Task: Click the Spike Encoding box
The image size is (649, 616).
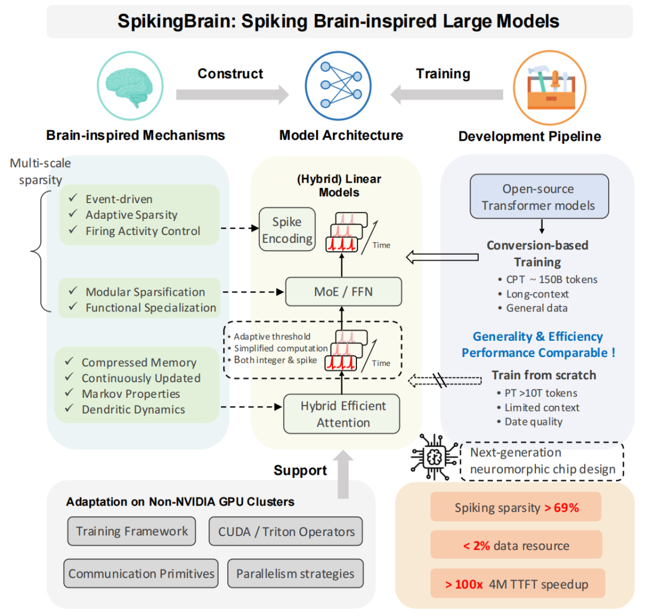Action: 287,230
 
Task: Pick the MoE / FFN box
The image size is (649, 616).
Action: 343,292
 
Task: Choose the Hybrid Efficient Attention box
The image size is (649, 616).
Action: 341,413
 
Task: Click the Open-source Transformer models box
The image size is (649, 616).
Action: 539,197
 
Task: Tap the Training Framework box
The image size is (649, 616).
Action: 132,531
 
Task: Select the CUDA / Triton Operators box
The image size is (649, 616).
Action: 286,531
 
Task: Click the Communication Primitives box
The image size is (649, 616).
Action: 141,573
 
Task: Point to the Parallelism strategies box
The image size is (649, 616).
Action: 295,573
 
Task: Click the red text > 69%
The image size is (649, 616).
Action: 561,508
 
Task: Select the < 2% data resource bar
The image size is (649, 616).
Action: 516,546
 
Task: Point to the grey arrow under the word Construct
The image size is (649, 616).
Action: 232,95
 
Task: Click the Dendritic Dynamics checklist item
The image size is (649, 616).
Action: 133,410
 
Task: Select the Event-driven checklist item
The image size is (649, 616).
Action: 118,199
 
